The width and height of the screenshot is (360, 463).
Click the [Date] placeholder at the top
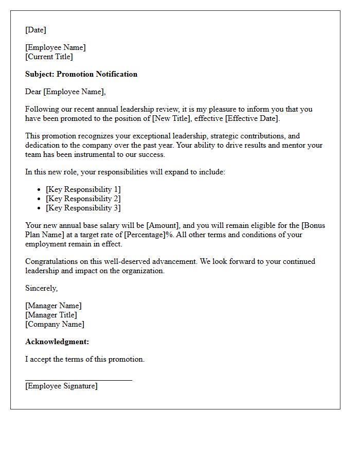[x=35, y=30]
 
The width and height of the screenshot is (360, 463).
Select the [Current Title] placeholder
[x=49, y=57]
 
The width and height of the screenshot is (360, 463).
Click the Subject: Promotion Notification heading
[x=81, y=74]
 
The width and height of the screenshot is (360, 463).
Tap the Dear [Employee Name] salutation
[x=65, y=92]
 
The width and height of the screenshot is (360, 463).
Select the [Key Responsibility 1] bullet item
[x=83, y=189]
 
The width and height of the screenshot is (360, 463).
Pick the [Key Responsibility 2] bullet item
[x=83, y=199]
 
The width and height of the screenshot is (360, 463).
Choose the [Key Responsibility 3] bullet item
[x=83, y=208]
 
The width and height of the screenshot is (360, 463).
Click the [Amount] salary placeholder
[x=163, y=225]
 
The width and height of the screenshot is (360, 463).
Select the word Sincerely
[x=41, y=288]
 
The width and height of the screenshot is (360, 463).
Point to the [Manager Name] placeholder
[x=53, y=306]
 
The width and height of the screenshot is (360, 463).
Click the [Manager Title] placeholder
[x=51, y=315]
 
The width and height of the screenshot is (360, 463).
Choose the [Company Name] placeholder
[x=55, y=324]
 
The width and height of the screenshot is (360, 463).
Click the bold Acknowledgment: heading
[x=57, y=342]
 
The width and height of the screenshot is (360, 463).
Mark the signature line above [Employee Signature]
[x=79, y=380]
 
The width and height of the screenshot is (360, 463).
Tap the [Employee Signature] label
[x=61, y=386]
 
